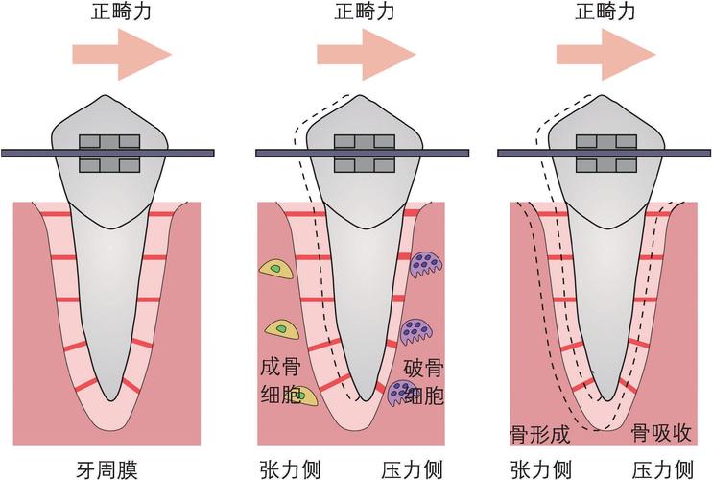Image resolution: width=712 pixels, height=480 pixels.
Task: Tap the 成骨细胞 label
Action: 283,381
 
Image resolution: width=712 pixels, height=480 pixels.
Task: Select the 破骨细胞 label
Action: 422,381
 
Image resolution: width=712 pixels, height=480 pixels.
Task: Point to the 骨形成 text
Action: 538,434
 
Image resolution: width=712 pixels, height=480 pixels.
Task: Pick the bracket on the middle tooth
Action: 365,153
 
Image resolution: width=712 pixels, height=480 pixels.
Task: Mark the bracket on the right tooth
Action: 605,153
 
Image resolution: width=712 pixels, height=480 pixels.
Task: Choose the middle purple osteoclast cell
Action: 417,331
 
